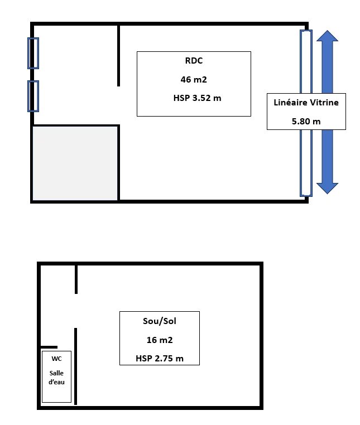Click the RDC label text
pos(194,60)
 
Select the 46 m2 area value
pos(194,79)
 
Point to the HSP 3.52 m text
pos(197,98)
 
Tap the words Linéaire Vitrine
pos(306,103)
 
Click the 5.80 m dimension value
pos(306,121)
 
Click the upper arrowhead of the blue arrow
pos(327,36)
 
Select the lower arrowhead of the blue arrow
pos(327,189)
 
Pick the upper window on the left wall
pos(33,53)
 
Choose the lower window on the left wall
pos(33,96)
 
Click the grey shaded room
pos(75,163)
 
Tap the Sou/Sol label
pos(160,321)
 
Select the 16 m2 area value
pos(160,340)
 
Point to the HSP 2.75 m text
pos(160,358)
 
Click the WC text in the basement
pos(56,359)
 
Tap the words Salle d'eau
pos(56,378)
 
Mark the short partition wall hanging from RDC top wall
pos(118,56)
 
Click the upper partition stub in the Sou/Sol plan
pos(76,279)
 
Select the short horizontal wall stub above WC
pos(49,347)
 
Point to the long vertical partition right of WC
pos(76,366)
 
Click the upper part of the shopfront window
pos(306,62)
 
